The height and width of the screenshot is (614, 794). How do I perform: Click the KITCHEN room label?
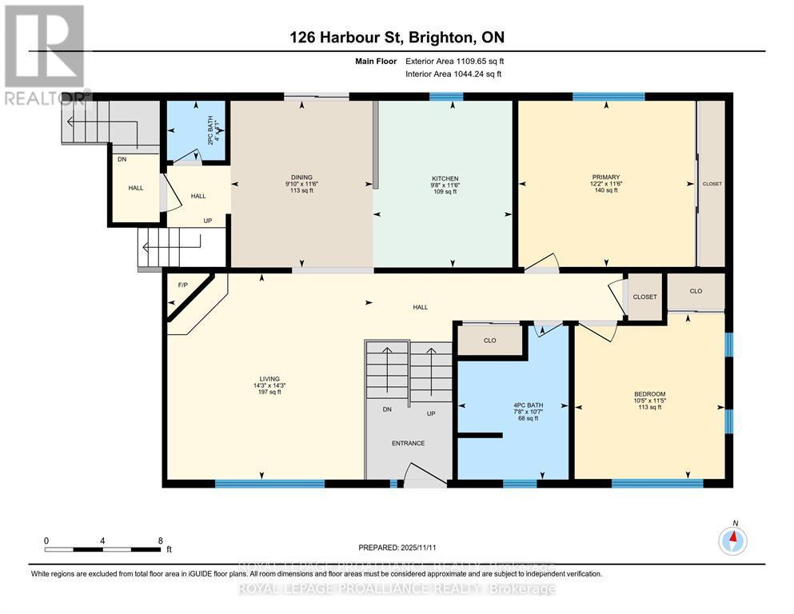click(444, 178)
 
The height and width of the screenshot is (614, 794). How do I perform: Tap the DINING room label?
click(301, 177)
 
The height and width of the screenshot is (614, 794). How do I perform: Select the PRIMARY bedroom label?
click(606, 177)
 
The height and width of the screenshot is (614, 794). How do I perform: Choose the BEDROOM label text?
click(649, 394)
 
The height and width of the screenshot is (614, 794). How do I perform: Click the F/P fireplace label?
click(182, 285)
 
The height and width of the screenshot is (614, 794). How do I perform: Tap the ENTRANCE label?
click(408, 443)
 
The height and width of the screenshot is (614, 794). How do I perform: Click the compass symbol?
click(732, 541)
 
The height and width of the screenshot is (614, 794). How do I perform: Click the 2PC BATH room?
click(195, 130)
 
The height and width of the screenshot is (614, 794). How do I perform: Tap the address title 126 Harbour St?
click(397, 38)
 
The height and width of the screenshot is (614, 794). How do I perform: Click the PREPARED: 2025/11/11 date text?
click(397, 548)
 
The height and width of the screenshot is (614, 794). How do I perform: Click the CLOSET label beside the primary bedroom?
click(712, 184)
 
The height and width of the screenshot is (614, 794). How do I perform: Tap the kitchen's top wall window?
click(446, 97)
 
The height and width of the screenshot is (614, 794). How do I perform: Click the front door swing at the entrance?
click(424, 477)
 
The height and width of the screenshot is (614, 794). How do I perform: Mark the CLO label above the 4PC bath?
click(489, 341)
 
